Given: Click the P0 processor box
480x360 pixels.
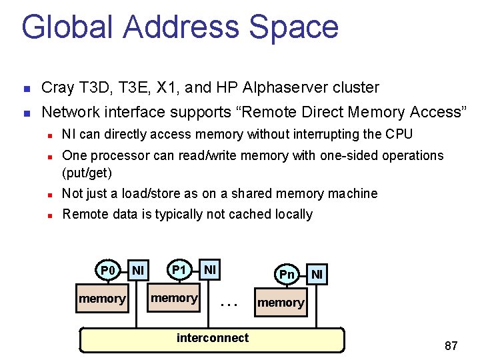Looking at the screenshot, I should [108, 270].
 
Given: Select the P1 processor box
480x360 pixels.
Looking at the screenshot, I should [179, 269].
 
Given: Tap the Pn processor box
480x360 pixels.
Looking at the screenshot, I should [287, 274].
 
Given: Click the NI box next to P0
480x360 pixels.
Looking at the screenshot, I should [138, 269].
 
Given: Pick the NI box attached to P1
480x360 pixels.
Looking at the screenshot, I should [210, 269].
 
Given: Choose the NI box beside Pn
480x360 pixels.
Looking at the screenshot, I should [317, 274].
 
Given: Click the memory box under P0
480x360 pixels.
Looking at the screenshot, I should [102, 299].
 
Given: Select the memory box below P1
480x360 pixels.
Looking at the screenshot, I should [174, 298].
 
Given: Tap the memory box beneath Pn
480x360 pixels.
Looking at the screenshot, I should [281, 303].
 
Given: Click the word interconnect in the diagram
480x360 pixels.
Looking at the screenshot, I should [212, 338].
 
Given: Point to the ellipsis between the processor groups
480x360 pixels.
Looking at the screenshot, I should [229, 303].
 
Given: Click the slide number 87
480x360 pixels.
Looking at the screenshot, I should [451, 345].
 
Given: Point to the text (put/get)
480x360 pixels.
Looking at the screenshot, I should [87, 173].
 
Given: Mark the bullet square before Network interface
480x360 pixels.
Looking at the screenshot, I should [25, 113].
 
